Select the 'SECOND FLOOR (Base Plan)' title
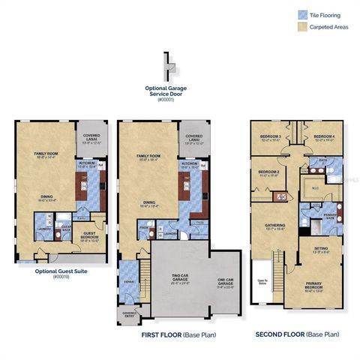297,334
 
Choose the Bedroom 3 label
271,138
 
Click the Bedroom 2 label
268,172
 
